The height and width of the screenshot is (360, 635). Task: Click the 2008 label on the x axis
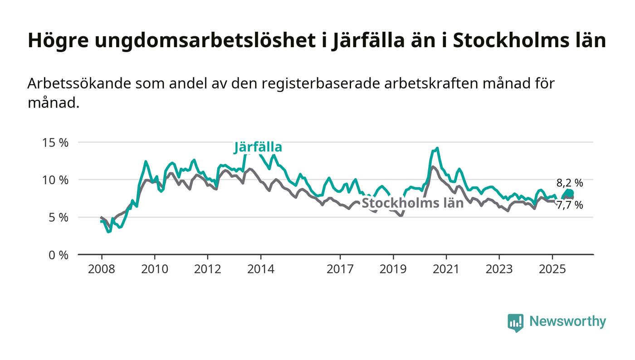coord(101,269)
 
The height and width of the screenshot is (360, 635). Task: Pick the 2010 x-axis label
coord(154,269)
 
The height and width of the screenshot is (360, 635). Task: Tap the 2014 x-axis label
coord(260,269)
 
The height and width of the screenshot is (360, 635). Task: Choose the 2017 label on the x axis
coord(340,269)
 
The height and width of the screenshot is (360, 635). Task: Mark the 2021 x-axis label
coord(446,269)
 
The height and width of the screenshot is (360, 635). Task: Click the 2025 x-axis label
coord(552,269)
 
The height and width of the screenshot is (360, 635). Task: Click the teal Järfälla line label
coord(258,147)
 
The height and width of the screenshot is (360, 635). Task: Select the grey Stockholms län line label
coord(412,203)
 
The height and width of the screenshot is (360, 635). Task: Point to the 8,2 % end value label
coord(570,183)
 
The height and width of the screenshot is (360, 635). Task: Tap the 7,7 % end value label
coord(570,205)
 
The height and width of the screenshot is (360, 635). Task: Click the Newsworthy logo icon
coord(515,322)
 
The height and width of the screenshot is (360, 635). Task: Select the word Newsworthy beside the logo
coord(567,321)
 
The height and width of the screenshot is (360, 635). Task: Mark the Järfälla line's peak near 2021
coord(437,148)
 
